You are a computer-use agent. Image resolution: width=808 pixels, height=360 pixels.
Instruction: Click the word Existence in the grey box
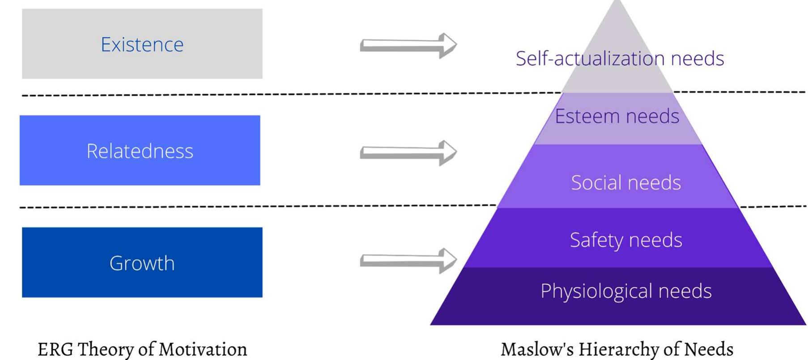[x=142, y=44]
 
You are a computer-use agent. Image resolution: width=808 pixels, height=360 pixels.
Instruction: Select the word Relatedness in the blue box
[x=140, y=151]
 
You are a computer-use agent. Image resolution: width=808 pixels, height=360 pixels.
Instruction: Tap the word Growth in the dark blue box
[x=142, y=263]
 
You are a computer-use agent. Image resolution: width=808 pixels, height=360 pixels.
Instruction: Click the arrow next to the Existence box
[x=408, y=45]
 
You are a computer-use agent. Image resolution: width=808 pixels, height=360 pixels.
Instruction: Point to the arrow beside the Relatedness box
[x=408, y=152]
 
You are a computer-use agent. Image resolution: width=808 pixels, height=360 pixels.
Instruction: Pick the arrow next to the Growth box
[x=408, y=260]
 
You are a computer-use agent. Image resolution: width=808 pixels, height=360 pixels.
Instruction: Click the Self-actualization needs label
[x=620, y=59]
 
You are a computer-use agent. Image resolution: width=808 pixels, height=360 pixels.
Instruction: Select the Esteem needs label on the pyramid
[x=617, y=116]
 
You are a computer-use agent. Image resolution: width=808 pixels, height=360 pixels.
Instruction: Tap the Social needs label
[x=625, y=182]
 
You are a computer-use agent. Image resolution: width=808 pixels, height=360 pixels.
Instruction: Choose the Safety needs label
[x=625, y=240]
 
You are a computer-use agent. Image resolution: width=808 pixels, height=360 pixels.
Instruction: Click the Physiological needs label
[x=625, y=291]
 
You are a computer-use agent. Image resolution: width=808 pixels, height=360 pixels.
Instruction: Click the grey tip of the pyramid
[x=617, y=27]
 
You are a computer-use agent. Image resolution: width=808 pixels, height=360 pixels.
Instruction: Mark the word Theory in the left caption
[x=107, y=349]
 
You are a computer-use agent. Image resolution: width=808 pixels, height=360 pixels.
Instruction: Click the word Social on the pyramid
[x=595, y=182]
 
